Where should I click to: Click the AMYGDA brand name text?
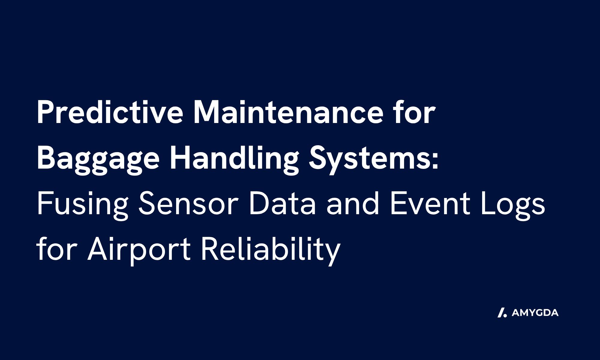coord(535,313)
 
